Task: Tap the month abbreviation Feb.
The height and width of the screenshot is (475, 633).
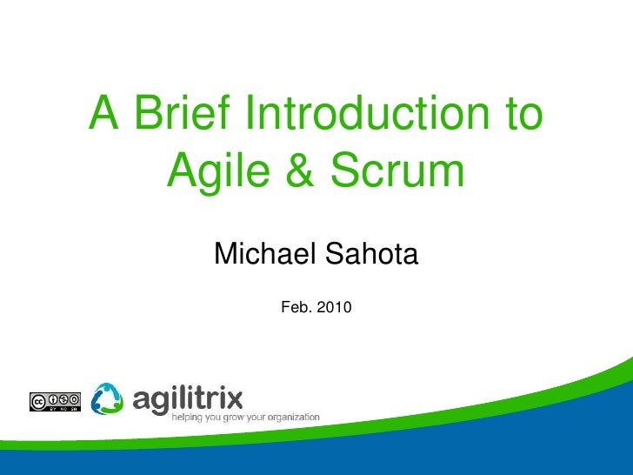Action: [x=297, y=307]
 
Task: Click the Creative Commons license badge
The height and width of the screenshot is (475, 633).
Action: [x=55, y=401]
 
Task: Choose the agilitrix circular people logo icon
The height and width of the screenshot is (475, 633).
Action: [x=108, y=398]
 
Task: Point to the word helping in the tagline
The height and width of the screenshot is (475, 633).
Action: [x=190, y=417]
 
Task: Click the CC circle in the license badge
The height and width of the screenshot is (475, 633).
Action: [x=38, y=401]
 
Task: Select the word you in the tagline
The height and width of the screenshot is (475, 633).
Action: [x=214, y=417]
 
